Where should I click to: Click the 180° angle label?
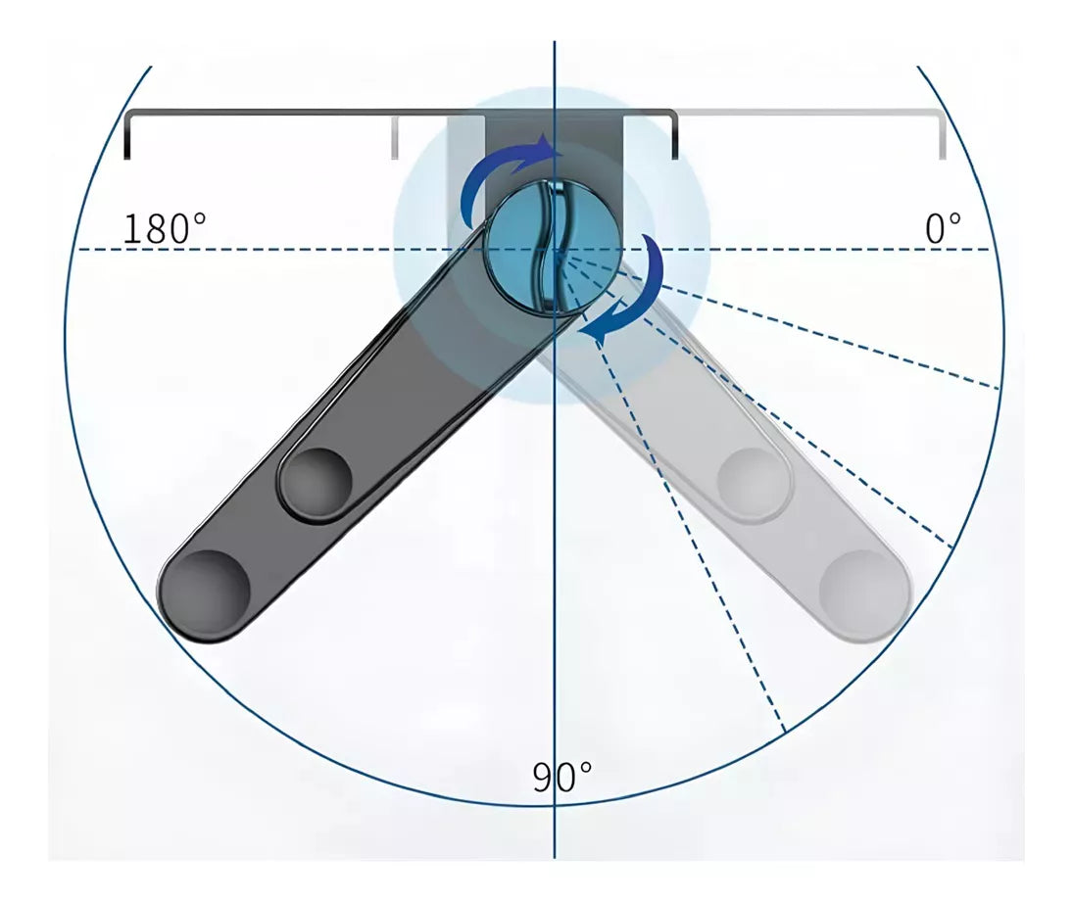(x=165, y=228)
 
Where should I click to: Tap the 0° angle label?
(x=943, y=228)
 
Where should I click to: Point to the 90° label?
(x=561, y=777)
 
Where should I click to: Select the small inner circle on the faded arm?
(x=754, y=482)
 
